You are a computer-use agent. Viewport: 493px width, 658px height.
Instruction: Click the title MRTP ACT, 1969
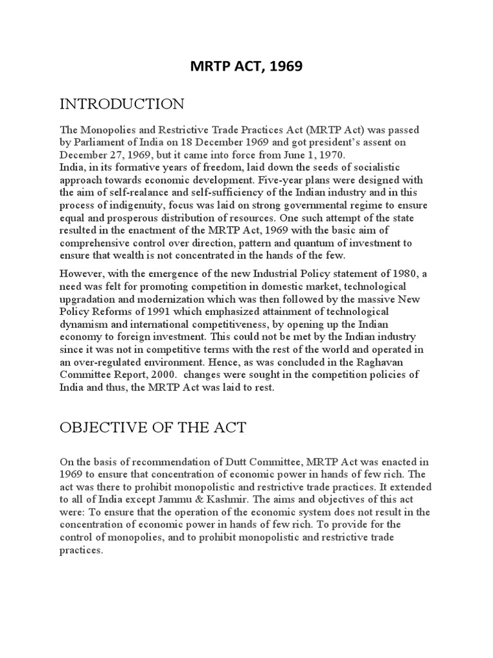(246, 67)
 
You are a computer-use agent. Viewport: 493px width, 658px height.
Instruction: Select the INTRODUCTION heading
(123, 104)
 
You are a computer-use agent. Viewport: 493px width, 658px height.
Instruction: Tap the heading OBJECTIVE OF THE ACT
(153, 427)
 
